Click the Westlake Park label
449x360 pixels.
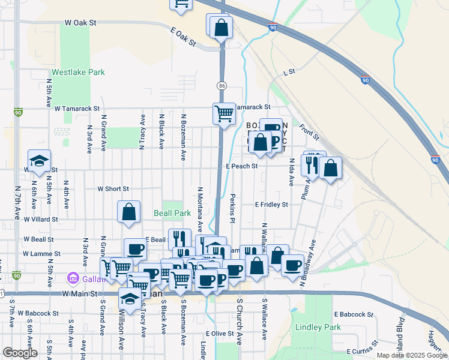click(78, 73)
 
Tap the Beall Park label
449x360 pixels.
click(172, 213)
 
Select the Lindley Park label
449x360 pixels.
click(318, 328)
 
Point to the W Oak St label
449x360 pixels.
click(80, 22)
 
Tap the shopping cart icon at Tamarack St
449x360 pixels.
click(224, 112)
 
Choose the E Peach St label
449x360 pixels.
click(241, 166)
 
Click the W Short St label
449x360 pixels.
click(113, 188)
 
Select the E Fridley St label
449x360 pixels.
click(271, 205)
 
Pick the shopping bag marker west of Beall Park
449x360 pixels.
click(128, 211)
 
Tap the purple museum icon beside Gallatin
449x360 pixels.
click(73, 279)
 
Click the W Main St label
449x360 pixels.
click(79, 294)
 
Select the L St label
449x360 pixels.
click(289, 72)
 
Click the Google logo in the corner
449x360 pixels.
click(20, 353)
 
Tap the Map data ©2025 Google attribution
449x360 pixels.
click(411, 355)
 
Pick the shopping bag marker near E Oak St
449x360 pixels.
click(221, 27)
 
